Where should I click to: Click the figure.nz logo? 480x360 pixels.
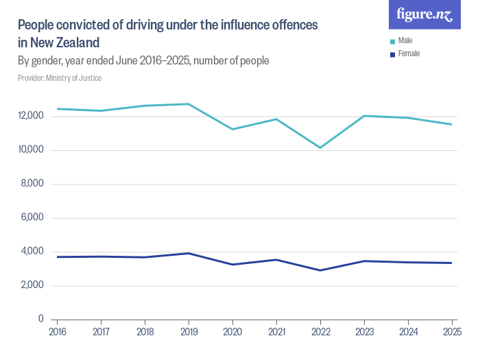[424, 14]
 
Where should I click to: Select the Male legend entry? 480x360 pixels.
[405, 41]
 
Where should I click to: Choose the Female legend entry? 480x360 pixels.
[408, 53]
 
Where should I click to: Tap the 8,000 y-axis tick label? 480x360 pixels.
[33, 184]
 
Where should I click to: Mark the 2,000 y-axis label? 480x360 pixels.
[33, 285]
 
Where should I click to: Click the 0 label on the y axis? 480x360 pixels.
[41, 319]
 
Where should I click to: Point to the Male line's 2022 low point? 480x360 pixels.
[320, 147]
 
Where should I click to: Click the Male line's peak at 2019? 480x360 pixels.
[189, 104]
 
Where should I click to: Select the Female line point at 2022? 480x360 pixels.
[320, 270]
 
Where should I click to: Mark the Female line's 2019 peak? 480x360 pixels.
[189, 253]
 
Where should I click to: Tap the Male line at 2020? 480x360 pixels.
[232, 129]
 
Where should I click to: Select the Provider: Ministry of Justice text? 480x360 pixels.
[60, 78]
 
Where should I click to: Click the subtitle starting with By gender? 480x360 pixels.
[143, 61]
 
